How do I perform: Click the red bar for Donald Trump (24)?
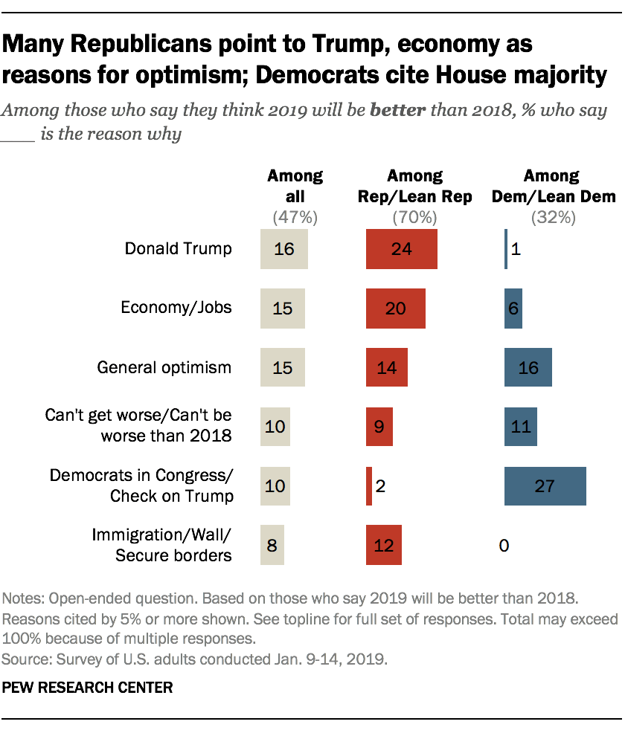401,249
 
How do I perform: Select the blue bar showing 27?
545,486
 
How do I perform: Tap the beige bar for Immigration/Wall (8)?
272,546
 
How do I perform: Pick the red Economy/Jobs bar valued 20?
395,309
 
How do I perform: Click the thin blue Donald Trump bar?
506,249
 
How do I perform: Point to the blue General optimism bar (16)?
528,367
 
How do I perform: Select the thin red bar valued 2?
369,486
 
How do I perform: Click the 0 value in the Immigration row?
504,546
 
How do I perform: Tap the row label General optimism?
164,367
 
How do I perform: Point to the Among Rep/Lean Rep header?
414,186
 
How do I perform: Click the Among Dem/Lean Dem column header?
551,186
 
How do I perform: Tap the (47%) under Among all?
295,218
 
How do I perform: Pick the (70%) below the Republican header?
414,218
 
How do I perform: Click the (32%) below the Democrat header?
551,218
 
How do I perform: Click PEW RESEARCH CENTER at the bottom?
88,688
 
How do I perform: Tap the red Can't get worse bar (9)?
379,427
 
